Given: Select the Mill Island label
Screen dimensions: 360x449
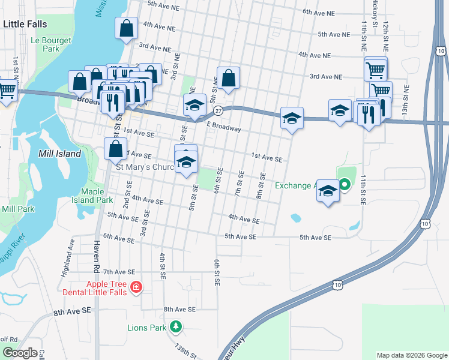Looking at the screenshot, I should (59, 154).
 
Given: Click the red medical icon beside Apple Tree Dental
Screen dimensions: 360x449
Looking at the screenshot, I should (136, 287).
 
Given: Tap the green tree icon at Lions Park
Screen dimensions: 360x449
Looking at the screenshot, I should (176, 327).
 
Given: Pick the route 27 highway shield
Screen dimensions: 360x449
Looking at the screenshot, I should (219, 110).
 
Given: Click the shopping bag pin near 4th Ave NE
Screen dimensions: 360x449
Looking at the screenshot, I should (126, 28).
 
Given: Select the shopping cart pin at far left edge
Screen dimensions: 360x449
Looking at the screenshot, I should (6, 91).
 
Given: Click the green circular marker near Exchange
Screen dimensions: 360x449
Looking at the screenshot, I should (345, 185).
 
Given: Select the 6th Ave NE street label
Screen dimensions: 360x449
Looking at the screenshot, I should (318, 12).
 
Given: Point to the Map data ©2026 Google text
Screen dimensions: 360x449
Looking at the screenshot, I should (411, 355).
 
